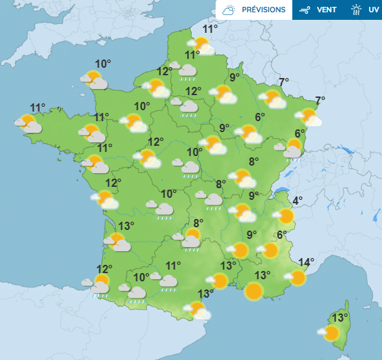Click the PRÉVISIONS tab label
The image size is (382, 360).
pos(264,10)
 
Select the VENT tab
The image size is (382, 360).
pos(326,10)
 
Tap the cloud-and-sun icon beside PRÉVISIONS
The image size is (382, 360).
pos(229,10)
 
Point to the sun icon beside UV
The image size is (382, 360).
pos(356,10)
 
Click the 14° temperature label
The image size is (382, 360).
pos(306,261)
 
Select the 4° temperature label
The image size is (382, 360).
pos(298,201)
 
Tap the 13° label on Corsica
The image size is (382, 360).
pos(339,318)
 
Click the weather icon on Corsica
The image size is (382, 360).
pos(329,333)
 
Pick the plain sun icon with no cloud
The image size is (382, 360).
pos(254,291)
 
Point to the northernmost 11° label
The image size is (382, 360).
pos(209,29)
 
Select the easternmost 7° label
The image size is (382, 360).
pos(320,100)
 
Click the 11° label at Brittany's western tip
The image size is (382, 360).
pos(38,107)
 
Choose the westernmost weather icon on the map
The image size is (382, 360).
pos(28,123)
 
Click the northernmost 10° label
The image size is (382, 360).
pos(103,64)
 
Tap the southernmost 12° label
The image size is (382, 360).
pos(104,269)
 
